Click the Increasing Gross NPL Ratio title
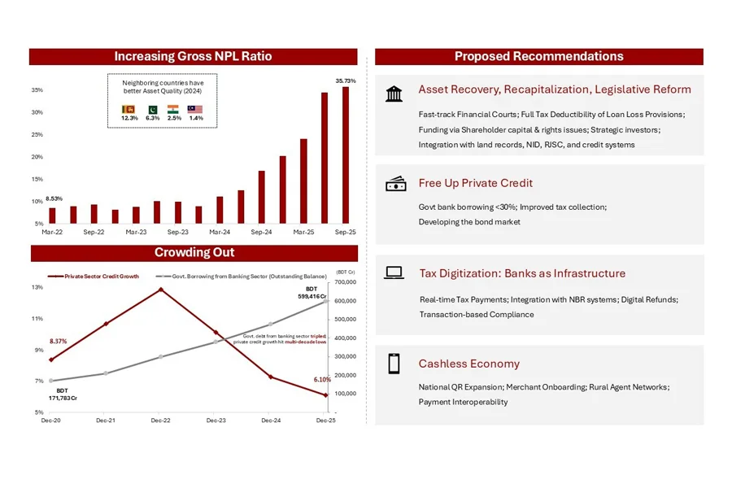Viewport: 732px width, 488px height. click(x=193, y=57)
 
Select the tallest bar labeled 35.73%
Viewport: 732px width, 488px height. click(x=346, y=155)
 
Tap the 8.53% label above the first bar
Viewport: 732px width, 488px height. click(x=54, y=199)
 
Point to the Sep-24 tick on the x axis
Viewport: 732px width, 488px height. click(x=262, y=232)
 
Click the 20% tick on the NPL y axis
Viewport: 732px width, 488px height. click(x=37, y=157)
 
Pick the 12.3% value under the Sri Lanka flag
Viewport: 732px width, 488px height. click(x=129, y=118)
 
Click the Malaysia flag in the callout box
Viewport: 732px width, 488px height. click(x=195, y=109)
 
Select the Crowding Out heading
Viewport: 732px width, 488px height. click(x=194, y=253)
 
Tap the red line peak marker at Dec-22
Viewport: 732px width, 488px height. click(x=160, y=289)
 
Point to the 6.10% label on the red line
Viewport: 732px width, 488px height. click(x=322, y=380)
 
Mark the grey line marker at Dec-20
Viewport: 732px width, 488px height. click(x=51, y=381)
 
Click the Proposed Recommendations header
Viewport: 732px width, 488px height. click(x=538, y=57)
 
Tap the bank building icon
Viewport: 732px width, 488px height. click(x=394, y=94)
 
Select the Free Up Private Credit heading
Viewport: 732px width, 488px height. click(x=476, y=183)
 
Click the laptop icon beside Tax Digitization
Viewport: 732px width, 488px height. click(x=394, y=273)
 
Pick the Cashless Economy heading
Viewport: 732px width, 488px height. click(x=469, y=364)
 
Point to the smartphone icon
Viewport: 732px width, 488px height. click(x=394, y=364)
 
